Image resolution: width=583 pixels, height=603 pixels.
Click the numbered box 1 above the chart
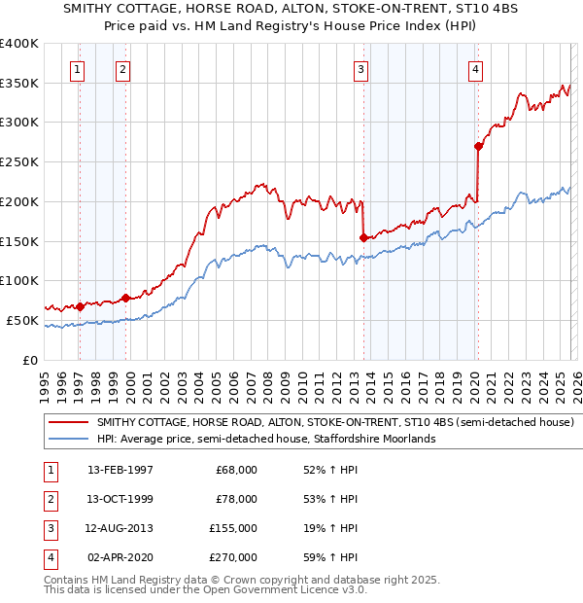[x=77, y=69]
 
